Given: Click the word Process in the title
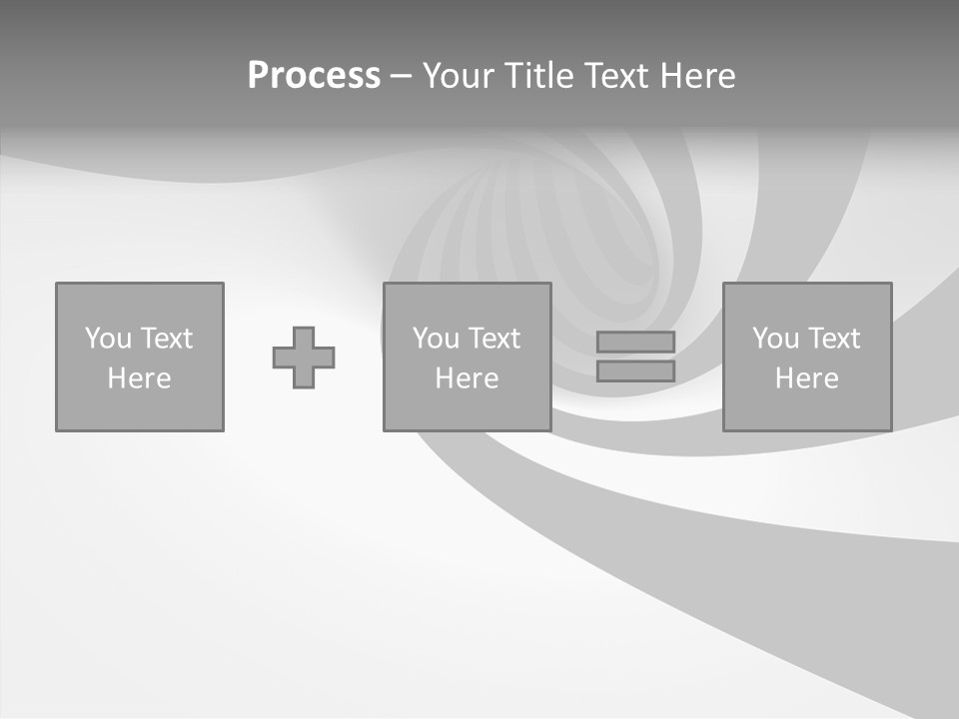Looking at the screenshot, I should pyautogui.click(x=314, y=76).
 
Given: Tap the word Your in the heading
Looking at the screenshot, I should pyautogui.click(x=458, y=76).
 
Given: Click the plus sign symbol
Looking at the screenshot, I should pyautogui.click(x=304, y=358).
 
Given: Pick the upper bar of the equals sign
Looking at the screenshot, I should pyautogui.click(x=635, y=342).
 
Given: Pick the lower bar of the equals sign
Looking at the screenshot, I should pyautogui.click(x=635, y=370).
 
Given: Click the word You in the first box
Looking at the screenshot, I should pyautogui.click(x=108, y=339).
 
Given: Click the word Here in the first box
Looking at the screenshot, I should pyautogui.click(x=140, y=378).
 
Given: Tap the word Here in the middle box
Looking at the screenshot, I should pyautogui.click(x=467, y=378).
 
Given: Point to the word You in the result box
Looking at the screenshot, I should pyautogui.click(x=775, y=339).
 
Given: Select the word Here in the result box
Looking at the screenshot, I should pyautogui.click(x=807, y=378).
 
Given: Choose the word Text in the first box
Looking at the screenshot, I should pyautogui.click(x=167, y=339).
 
